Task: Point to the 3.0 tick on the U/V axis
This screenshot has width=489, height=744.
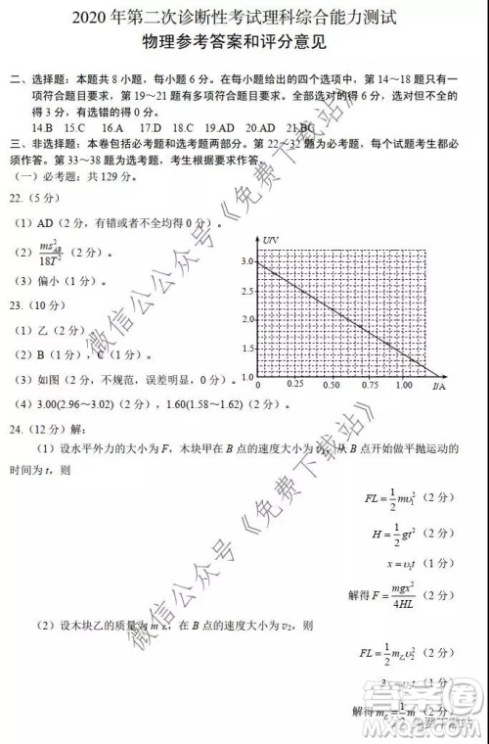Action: (x=245, y=262)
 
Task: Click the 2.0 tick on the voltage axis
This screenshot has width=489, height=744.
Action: (x=245, y=319)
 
